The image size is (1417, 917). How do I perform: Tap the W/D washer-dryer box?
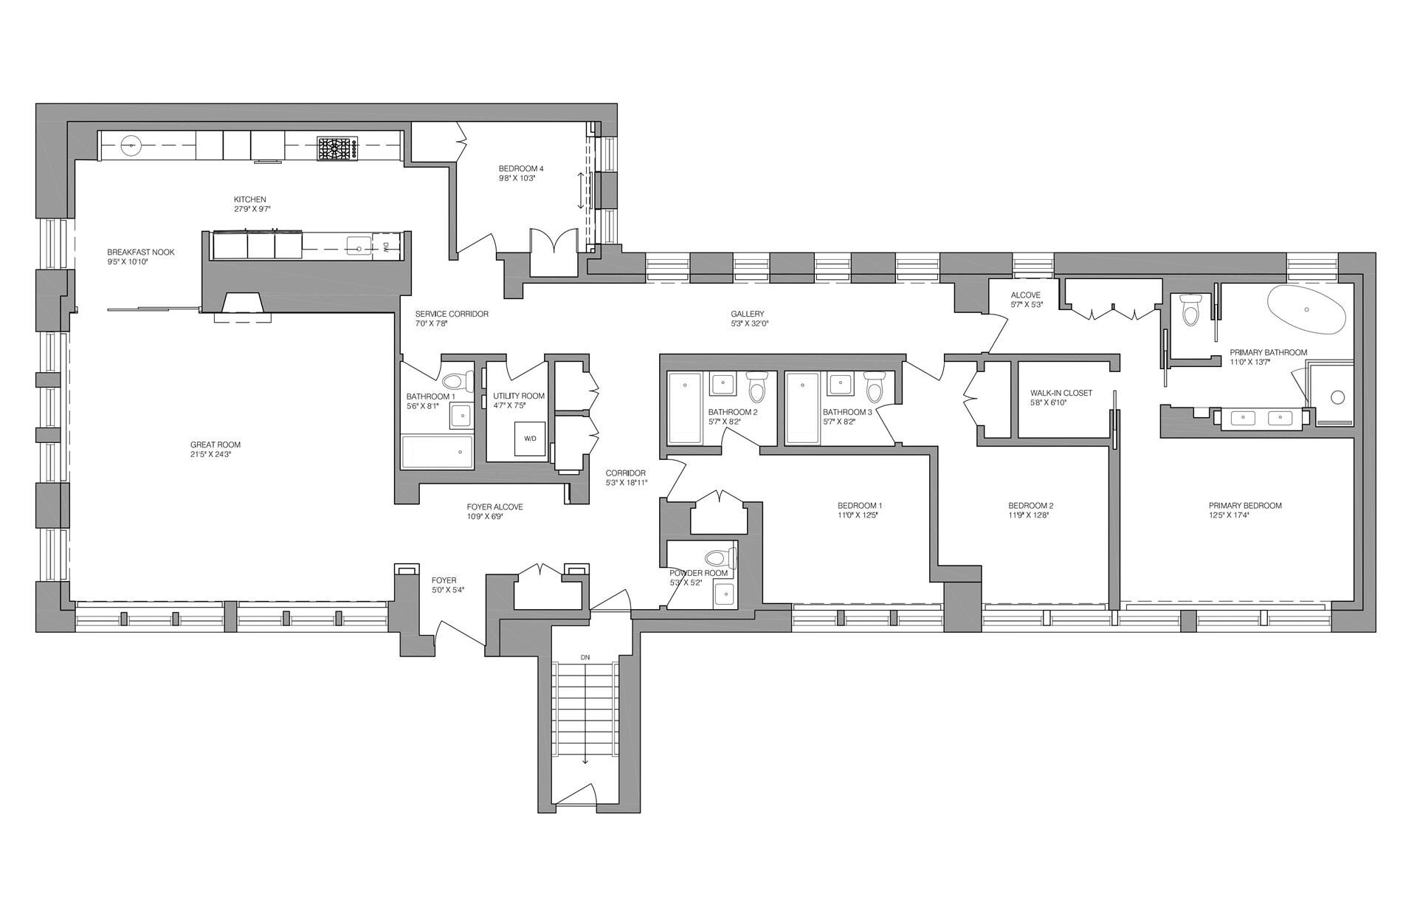tap(531, 439)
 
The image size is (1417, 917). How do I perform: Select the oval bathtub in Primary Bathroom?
tap(1307, 312)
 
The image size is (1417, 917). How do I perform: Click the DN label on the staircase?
tap(585, 656)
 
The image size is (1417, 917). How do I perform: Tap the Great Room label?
tap(216, 444)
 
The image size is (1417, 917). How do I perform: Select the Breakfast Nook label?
tap(141, 252)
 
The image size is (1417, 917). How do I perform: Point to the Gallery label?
tap(748, 314)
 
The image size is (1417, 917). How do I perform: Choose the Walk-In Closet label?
tap(1061, 393)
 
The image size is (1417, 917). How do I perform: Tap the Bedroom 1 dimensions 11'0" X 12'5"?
tap(855, 515)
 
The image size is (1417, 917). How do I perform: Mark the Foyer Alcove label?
tap(494, 507)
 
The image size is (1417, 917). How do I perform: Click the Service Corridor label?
tap(452, 314)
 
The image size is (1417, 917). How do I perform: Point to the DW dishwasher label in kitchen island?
tap(386, 247)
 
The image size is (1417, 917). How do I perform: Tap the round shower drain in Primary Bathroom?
tap(1338, 397)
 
